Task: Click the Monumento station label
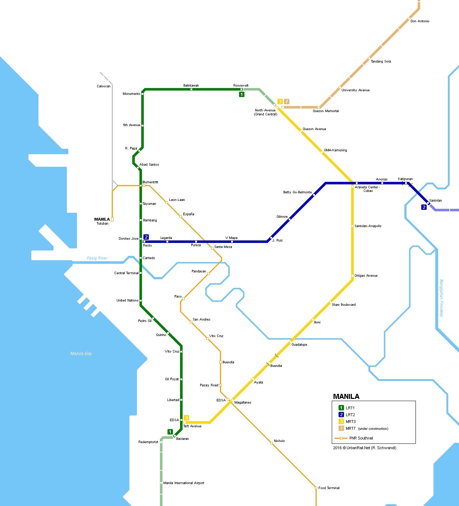pyautogui.click(x=131, y=94)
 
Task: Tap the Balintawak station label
pyautogui.click(x=191, y=86)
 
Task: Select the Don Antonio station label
pyautogui.click(x=420, y=21)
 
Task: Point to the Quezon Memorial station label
pyautogui.click(x=326, y=111)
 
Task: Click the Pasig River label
pyautogui.click(x=97, y=258)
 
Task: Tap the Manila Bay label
pyautogui.click(x=81, y=354)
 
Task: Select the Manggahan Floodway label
pyautogui.click(x=441, y=298)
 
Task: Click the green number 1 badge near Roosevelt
pyautogui.click(x=242, y=95)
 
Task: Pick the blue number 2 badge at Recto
pyautogui.click(x=146, y=237)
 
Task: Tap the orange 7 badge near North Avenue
pyautogui.click(x=286, y=102)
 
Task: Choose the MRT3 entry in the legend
pyautogui.click(x=350, y=422)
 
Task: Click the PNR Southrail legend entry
pyautogui.click(x=361, y=438)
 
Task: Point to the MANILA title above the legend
pyautogui.click(x=346, y=396)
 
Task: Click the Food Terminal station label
pyautogui.click(x=329, y=488)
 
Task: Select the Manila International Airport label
pyautogui.click(x=184, y=483)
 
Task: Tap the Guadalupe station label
pyautogui.click(x=299, y=345)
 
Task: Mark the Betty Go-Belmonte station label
pyautogui.click(x=297, y=192)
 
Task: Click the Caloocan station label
pyautogui.click(x=104, y=86)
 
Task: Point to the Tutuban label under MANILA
pyautogui.click(x=102, y=224)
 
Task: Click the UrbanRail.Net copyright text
pyautogui.click(x=364, y=448)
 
